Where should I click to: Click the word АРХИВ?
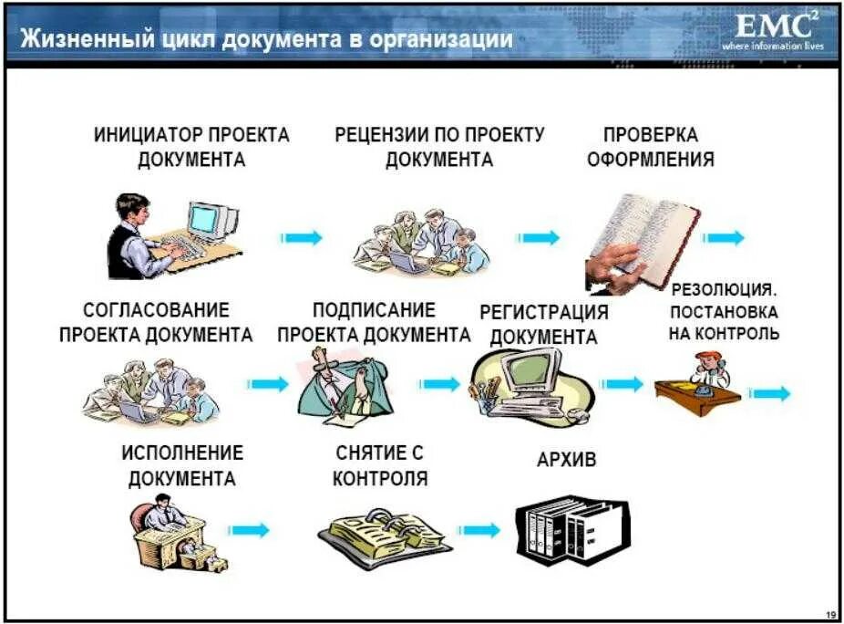(566, 460)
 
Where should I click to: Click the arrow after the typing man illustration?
(302, 237)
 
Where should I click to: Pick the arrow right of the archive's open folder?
(479, 529)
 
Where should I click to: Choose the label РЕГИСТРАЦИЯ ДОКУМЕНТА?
(544, 324)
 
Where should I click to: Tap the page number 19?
(829, 611)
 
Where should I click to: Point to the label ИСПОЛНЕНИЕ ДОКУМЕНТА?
(182, 464)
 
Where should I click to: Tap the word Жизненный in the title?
(74, 39)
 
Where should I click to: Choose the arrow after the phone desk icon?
(769, 393)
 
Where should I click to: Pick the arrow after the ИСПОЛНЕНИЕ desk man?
(250, 530)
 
